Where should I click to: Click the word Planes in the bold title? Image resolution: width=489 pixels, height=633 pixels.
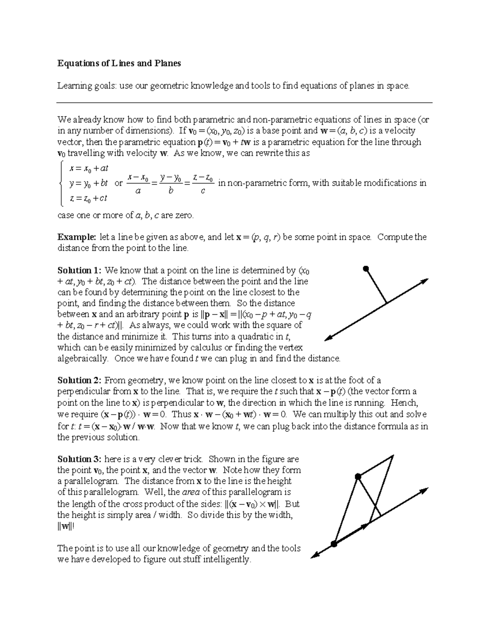(167, 63)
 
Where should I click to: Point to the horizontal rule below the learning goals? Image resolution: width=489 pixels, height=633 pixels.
(244, 103)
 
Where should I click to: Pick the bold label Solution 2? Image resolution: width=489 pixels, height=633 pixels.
(79, 380)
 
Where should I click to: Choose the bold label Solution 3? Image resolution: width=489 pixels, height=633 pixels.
(79, 459)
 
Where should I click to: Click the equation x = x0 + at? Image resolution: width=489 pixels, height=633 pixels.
(88, 168)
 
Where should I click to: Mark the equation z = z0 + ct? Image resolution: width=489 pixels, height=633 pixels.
(88, 199)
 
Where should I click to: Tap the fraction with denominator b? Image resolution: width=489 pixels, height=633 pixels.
(171, 183)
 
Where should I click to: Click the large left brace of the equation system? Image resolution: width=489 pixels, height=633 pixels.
(61, 183)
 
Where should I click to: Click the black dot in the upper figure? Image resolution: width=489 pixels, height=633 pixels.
(366, 269)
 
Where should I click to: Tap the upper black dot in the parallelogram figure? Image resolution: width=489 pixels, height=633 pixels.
(358, 476)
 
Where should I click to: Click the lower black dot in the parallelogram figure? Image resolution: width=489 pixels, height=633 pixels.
(334, 544)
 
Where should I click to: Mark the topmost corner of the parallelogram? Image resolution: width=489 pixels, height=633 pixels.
(393, 456)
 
